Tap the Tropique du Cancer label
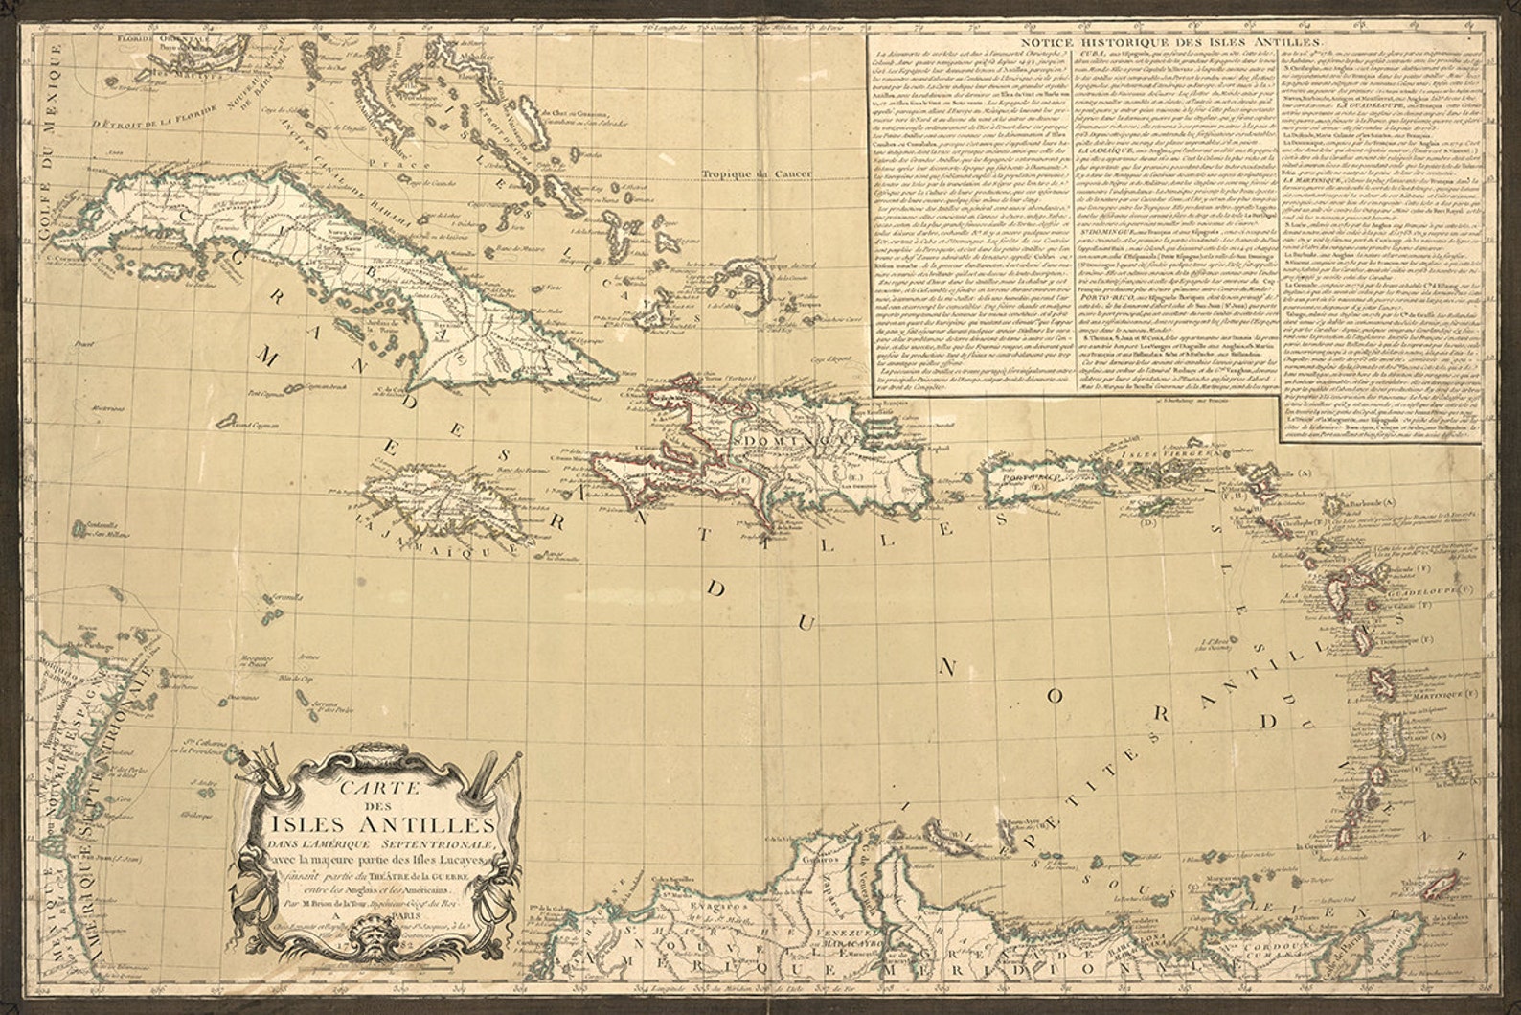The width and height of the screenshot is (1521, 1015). coord(756,174)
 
